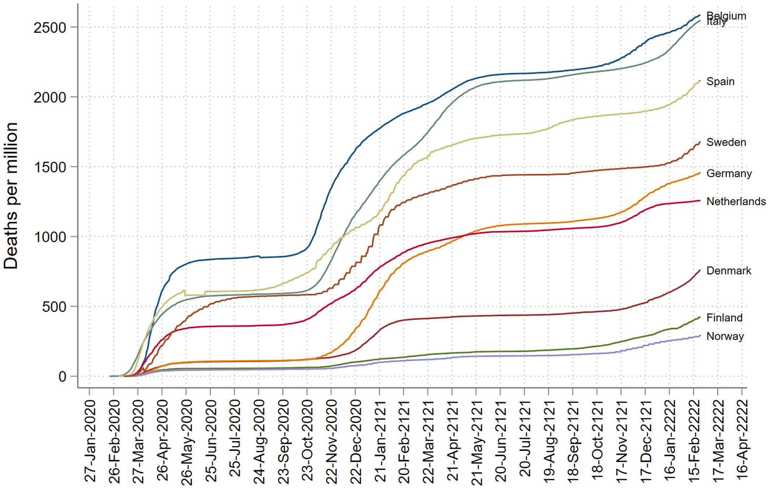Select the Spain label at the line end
720,82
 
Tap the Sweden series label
726,142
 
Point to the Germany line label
729,173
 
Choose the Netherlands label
736,201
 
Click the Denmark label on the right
729,271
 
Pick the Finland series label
724,318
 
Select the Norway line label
725,336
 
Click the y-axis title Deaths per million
11,195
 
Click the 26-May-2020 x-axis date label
186,441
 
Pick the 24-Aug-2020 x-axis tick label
259,441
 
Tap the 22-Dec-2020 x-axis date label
356,441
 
